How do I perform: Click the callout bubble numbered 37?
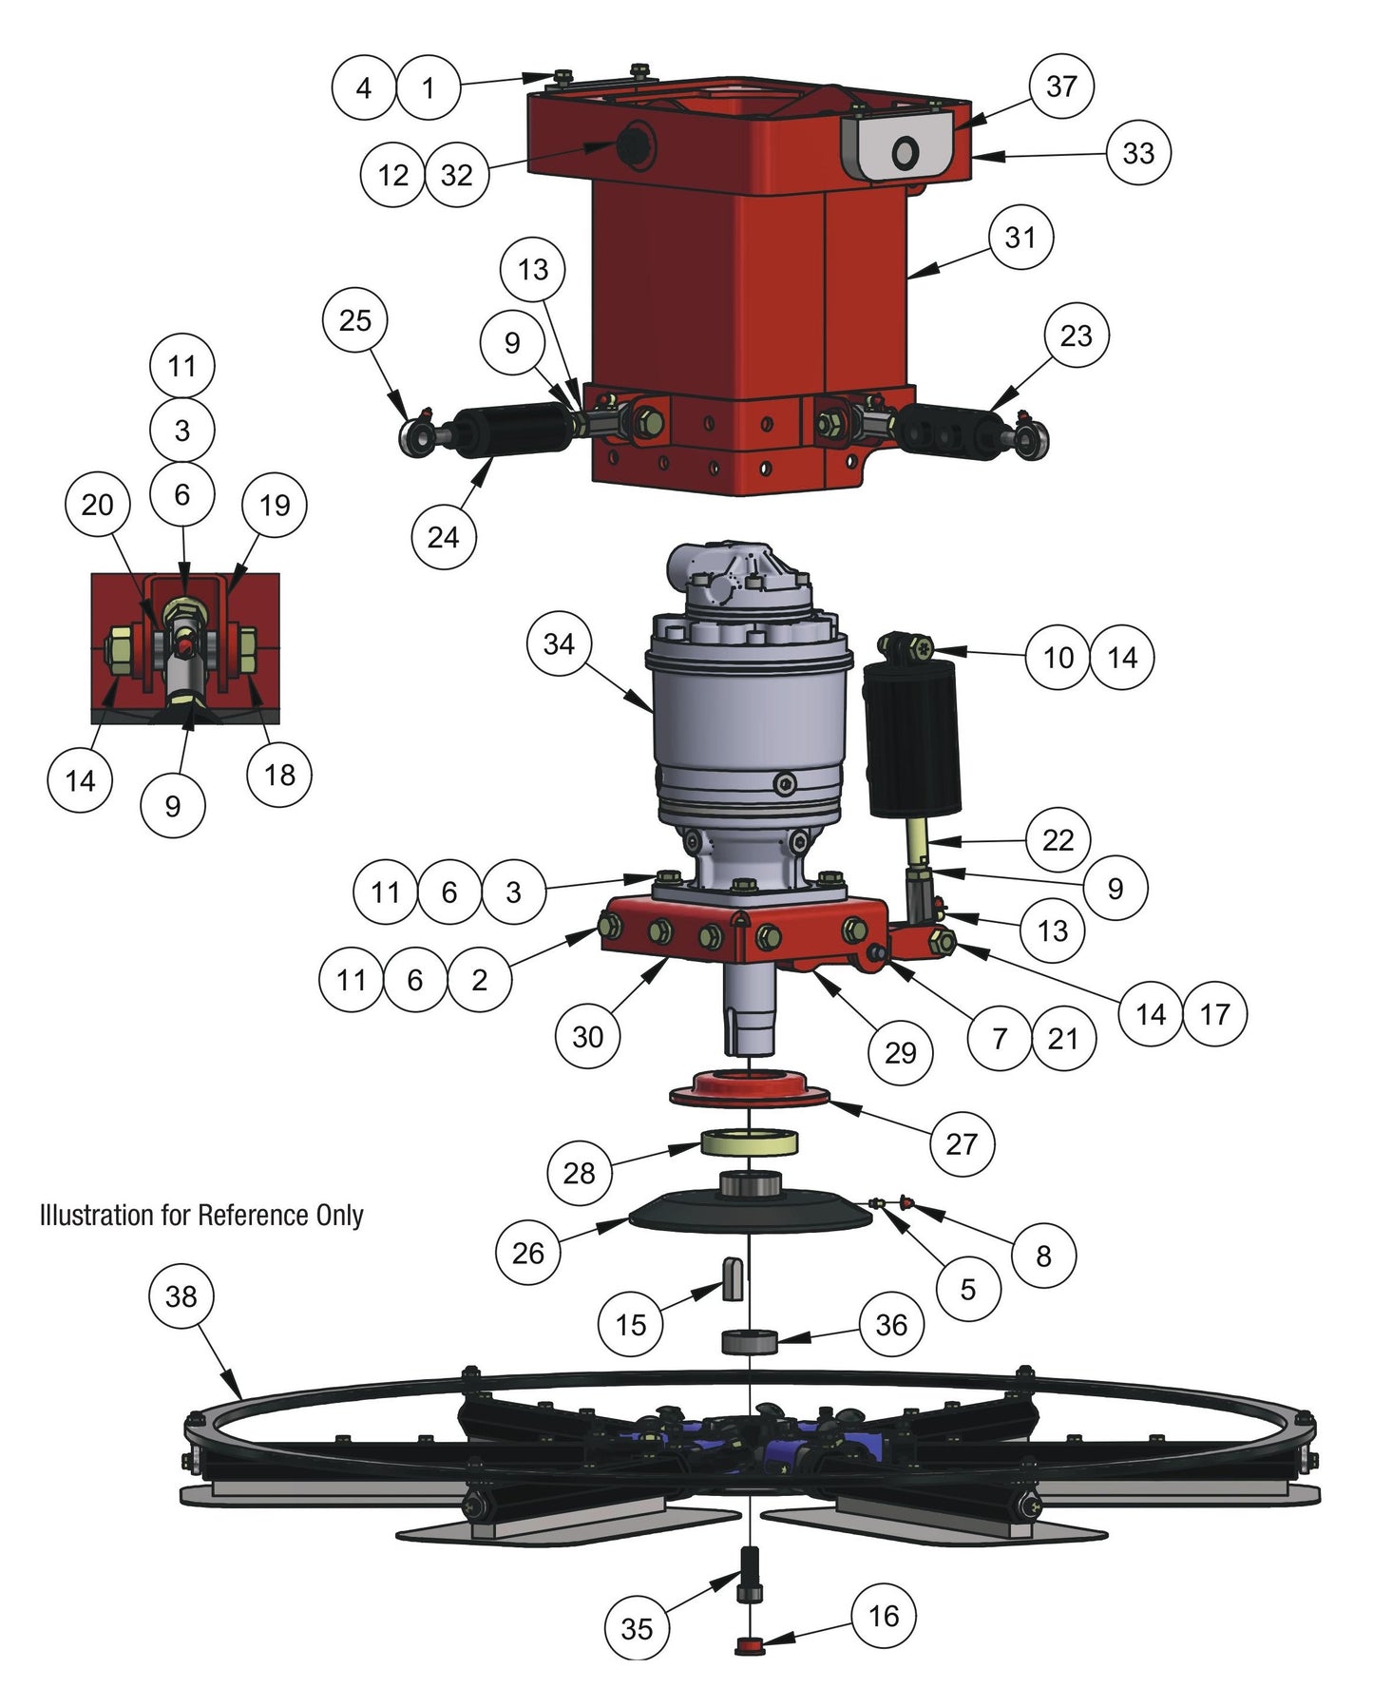coord(1061,86)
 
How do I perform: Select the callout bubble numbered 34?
coord(559,644)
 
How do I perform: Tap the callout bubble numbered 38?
coord(181,1295)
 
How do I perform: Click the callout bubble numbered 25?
coord(354,320)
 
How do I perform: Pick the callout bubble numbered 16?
coord(884,1616)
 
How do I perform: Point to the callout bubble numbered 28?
coord(580,1173)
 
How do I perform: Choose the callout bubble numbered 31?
coord(1020,237)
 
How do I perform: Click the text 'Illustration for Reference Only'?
coord(201,1216)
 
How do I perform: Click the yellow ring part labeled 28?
coord(750,1143)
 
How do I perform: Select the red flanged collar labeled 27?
coord(750,1089)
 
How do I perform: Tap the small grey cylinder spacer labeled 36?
coord(750,1342)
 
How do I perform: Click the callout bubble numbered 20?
coord(97,505)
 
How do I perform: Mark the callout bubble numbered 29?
coord(901,1051)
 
